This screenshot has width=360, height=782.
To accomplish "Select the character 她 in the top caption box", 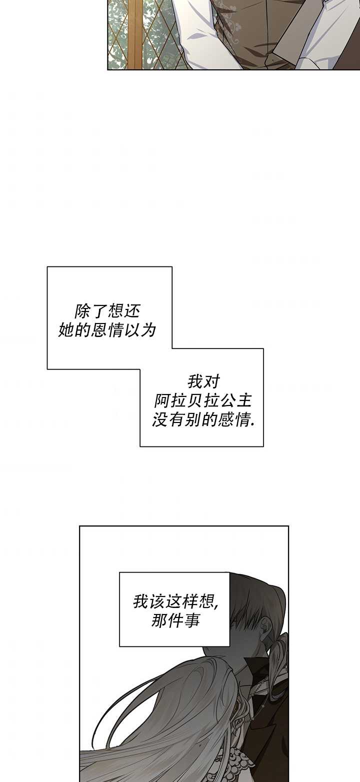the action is click(65, 329).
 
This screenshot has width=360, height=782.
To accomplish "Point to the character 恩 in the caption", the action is click(98, 329).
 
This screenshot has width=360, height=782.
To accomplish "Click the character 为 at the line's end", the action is click(148, 329).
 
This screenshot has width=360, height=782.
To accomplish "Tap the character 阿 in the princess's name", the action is click(162, 401).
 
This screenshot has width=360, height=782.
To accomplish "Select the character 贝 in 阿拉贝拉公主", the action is click(194, 401).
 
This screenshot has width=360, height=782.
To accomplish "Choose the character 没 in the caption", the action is click(159, 420).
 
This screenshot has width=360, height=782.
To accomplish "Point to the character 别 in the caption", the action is click(192, 420).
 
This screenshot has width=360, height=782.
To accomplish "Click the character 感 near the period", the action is click(225, 420).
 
